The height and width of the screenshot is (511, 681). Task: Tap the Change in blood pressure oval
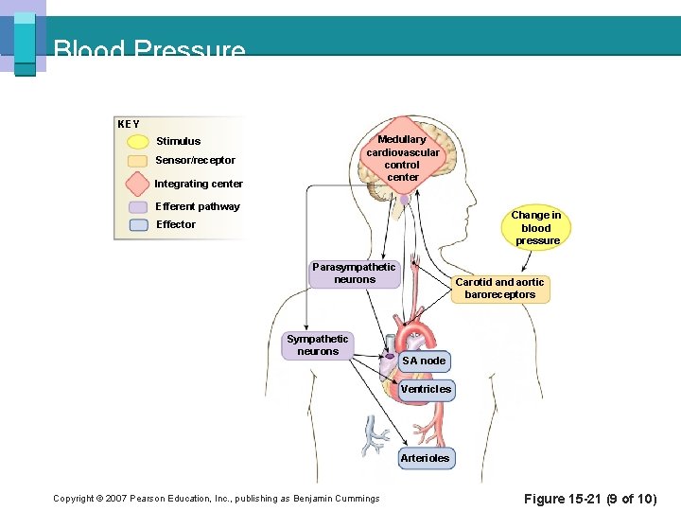(x=535, y=228)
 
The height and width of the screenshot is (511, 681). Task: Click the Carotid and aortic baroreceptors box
(x=499, y=289)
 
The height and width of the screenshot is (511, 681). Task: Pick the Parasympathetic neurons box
(x=355, y=273)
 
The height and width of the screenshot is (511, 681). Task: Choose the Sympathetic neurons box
(x=317, y=345)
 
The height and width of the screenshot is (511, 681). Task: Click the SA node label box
(x=423, y=361)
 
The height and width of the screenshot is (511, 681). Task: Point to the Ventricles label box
(x=426, y=389)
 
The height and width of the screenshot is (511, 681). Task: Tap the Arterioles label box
(x=425, y=458)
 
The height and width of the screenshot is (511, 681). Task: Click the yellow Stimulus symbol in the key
(x=138, y=142)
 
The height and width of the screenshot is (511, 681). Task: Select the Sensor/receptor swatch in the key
(x=138, y=161)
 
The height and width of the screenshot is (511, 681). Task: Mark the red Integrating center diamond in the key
(x=138, y=184)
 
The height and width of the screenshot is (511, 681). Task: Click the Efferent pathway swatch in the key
(x=138, y=206)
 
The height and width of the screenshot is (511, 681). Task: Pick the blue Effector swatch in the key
(x=138, y=225)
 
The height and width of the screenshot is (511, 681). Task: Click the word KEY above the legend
(x=128, y=124)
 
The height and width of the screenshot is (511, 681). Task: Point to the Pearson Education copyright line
(x=216, y=499)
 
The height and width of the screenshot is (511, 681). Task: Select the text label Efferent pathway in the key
(x=198, y=206)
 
